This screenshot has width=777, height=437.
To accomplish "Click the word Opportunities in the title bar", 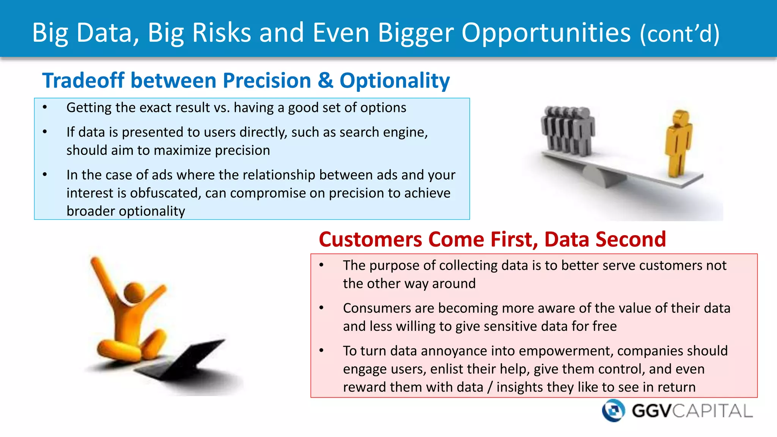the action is coord(546,33).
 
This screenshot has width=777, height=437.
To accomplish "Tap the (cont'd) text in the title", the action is coord(679,34).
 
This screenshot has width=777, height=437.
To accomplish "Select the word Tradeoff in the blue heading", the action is coord(83,80).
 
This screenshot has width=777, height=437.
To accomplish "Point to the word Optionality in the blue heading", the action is coord(395,81).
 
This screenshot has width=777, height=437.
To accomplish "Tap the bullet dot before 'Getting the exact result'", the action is coord(45,108).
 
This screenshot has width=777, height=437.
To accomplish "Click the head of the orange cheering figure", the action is coord(134,293).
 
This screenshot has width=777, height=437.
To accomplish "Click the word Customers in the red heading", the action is coord(370,240).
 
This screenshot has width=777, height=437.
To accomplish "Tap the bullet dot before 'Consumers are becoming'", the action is coord(321,308).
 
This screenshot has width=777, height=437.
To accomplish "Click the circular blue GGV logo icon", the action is coord(613,410).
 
